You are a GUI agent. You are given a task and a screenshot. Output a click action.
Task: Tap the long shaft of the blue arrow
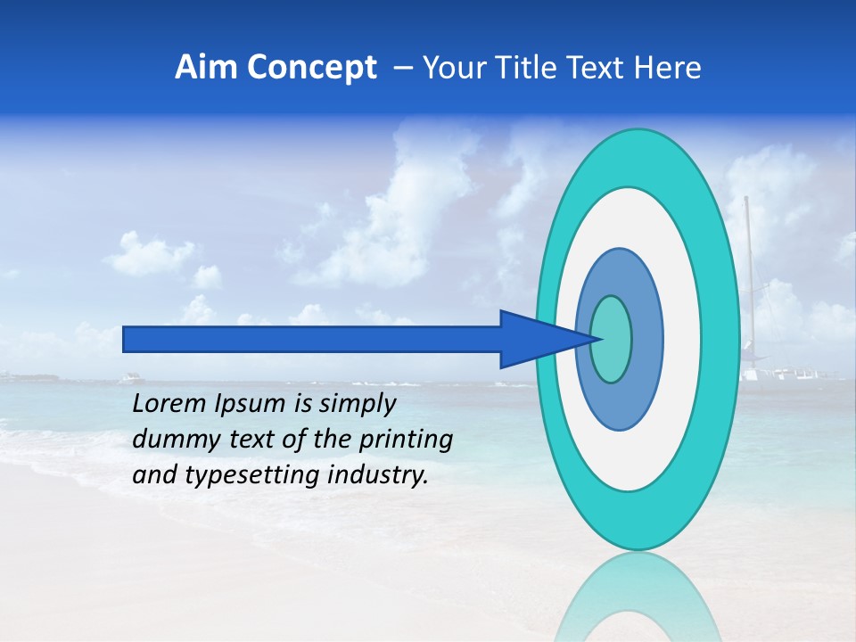[312, 339]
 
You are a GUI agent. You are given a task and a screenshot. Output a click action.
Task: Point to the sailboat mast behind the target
[747, 267]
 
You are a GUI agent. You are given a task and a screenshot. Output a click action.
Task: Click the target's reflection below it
[638, 597]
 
